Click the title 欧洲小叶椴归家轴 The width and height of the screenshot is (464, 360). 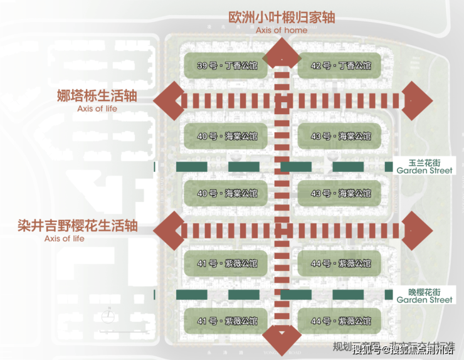(282, 17)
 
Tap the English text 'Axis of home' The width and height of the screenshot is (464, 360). (282, 30)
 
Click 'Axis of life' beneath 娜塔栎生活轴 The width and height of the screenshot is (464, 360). (97, 109)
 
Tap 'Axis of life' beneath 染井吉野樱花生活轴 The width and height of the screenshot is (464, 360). (65, 238)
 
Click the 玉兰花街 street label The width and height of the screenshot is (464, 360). (424, 161)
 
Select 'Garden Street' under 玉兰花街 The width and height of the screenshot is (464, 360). (424, 170)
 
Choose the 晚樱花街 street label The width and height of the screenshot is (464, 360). (424, 292)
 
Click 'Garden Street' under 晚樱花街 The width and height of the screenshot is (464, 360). (424, 300)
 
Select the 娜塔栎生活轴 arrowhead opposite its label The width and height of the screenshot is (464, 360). (416, 101)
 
